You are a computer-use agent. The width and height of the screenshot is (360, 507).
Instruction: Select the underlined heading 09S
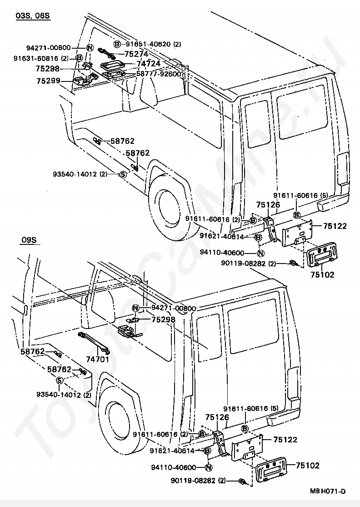pos(29,240)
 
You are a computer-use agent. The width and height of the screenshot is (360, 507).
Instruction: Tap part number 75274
pos(136,54)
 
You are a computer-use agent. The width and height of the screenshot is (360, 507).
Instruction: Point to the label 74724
pos(148,64)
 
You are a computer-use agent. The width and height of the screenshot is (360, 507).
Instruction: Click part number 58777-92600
pos(159,74)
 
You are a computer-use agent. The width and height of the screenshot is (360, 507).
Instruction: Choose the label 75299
pos(49,81)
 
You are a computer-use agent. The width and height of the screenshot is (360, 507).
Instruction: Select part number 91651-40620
pos(148,44)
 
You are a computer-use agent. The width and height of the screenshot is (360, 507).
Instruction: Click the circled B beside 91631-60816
pos(79,58)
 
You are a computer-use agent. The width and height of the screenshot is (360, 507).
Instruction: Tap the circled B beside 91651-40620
pos(117,44)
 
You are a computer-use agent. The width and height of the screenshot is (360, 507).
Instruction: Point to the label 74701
pos(98,359)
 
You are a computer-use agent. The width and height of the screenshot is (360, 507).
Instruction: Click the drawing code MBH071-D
pos(328,491)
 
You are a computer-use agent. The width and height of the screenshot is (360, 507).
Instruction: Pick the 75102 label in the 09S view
pos(308,465)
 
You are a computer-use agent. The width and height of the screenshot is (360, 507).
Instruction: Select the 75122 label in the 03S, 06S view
pos(335,226)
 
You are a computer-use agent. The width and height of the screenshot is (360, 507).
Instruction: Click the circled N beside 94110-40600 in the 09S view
pos(208,467)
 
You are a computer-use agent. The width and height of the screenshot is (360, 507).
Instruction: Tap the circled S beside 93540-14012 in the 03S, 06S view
pos(122,174)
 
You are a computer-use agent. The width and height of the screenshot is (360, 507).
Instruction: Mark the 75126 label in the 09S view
pos(217,417)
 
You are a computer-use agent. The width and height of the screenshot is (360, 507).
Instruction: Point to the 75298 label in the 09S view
pos(163,319)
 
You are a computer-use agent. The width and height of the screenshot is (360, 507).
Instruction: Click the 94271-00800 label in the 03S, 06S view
pos(49,48)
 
